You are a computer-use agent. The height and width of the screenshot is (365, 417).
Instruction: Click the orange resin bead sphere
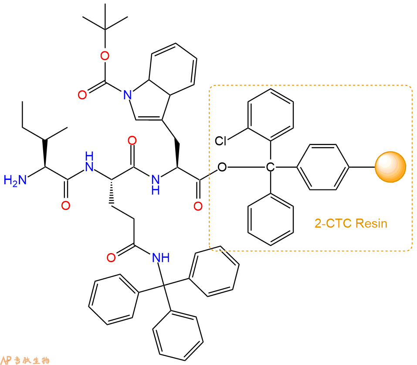coord(390,167)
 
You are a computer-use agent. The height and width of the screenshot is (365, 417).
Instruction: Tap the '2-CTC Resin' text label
coord(351,223)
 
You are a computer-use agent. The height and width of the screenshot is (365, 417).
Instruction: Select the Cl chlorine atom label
coord(220,141)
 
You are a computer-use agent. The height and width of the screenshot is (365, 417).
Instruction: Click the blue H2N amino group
coord(15,180)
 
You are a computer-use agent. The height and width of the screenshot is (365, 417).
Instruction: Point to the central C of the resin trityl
coord(270,167)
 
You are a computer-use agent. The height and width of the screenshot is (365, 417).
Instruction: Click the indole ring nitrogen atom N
coord(128,95)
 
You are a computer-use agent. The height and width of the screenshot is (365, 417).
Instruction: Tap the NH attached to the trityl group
coord(161,257)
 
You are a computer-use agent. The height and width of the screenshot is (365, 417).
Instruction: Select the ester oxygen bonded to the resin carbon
coord(222,167)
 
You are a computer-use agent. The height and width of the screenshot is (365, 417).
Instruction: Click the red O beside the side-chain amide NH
coord(111,257)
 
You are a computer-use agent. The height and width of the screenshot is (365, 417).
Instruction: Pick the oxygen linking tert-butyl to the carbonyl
coord(105,56)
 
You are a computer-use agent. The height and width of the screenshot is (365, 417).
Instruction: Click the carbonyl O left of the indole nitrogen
coord(82,95)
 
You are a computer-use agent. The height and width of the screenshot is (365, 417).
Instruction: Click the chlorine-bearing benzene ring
coord(271,115)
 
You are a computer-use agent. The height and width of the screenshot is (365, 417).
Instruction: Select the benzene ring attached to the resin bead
coord(323,167)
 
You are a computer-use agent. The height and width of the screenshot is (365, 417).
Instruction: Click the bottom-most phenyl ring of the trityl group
coord(178,335)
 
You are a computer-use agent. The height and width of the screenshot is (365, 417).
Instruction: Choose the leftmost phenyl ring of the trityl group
coord(114,299)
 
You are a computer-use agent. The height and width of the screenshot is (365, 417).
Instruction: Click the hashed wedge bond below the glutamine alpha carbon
coord(112,191)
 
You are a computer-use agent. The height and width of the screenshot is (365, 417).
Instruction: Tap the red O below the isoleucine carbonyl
coord(66,206)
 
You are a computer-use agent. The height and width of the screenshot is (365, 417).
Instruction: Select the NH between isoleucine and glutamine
coord(89,162)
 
